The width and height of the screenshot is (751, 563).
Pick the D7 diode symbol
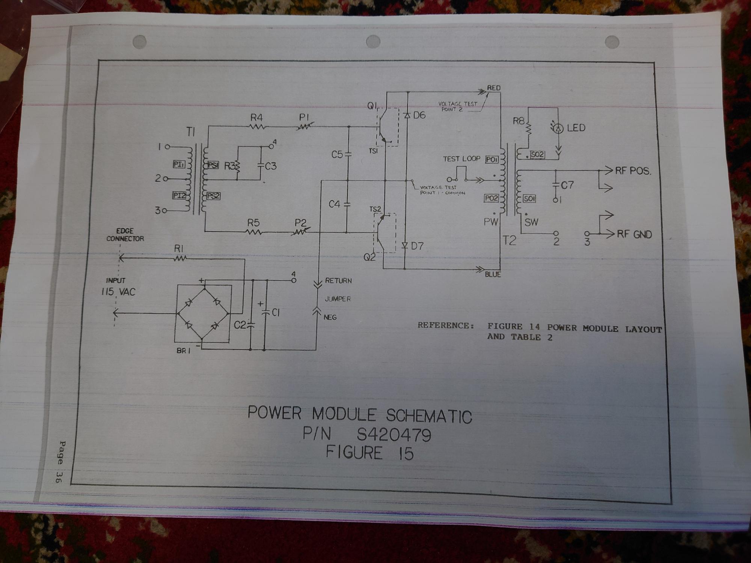tap(405, 246)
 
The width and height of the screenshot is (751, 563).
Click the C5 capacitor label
tap(337, 154)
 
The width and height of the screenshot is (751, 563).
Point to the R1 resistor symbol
tap(180, 258)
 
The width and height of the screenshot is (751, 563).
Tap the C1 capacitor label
tap(275, 312)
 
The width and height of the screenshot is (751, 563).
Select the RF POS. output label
tap(633, 171)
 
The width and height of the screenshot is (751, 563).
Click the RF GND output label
tap(634, 235)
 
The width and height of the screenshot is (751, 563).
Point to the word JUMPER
tap(338, 299)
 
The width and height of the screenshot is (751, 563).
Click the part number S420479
tap(394, 435)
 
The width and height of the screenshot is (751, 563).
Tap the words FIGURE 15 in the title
tap(369, 452)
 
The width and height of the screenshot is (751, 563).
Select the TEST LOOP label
tap(461, 159)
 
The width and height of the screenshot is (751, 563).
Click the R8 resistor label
tap(519, 121)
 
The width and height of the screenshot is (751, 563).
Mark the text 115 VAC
tap(118, 292)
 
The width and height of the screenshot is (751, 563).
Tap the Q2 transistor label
tap(369, 257)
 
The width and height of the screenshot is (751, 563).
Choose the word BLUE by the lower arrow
tap(493, 275)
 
